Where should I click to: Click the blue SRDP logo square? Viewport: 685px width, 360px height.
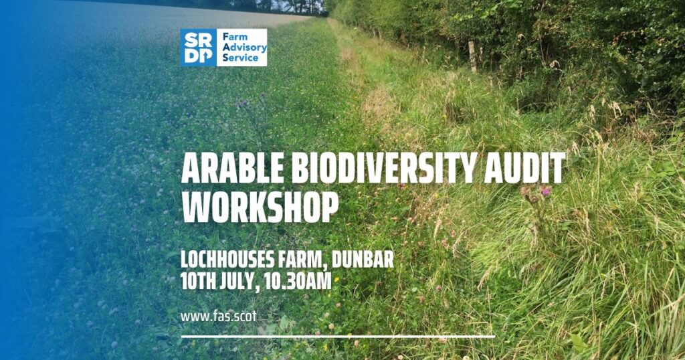pyautogui.click(x=198, y=48)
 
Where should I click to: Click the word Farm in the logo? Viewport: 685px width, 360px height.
pyautogui.click(x=235, y=37)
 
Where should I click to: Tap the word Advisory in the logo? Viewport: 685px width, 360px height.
pyautogui.click(x=244, y=48)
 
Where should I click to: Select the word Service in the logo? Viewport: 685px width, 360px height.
pyautogui.click(x=240, y=58)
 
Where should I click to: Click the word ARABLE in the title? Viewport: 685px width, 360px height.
pyautogui.click(x=233, y=168)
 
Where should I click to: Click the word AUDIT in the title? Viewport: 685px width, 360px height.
pyautogui.click(x=524, y=168)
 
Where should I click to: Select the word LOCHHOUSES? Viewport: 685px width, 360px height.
pyautogui.click(x=227, y=260)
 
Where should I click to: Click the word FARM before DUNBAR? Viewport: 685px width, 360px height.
pyautogui.click(x=302, y=260)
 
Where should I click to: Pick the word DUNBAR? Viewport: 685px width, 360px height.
pyautogui.click(x=363, y=260)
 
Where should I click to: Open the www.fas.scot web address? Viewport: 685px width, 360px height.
pyautogui.click(x=219, y=317)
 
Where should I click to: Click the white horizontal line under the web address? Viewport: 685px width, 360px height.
pyautogui.click(x=338, y=337)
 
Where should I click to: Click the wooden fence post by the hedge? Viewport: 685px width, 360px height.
pyautogui.click(x=472, y=56)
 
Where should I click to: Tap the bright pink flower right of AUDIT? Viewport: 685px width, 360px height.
pyautogui.click(x=546, y=191)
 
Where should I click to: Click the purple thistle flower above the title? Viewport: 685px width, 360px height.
pyautogui.click(x=242, y=104)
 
